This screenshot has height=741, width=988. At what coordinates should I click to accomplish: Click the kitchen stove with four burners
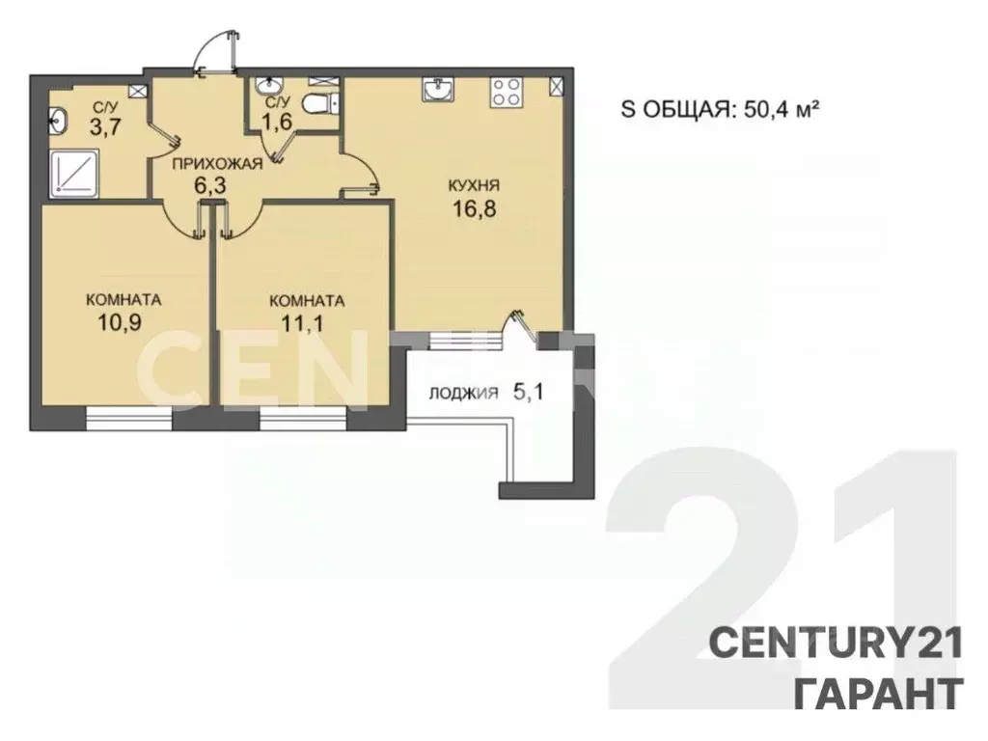tap(505, 93)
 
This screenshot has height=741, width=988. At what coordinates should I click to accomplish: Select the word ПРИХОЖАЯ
tap(216, 164)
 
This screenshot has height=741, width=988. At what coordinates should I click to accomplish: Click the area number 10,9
tap(121, 321)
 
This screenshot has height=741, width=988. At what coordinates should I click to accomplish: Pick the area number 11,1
tap(306, 322)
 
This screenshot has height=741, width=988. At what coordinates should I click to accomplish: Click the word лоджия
tap(464, 393)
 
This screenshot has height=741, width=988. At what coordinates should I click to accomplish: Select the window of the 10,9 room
tap(128, 417)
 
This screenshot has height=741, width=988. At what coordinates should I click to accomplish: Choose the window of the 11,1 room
tap(302, 417)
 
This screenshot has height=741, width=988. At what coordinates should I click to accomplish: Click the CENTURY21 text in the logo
tap(836, 643)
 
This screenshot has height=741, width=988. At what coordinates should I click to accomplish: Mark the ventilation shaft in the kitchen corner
tap(557, 85)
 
